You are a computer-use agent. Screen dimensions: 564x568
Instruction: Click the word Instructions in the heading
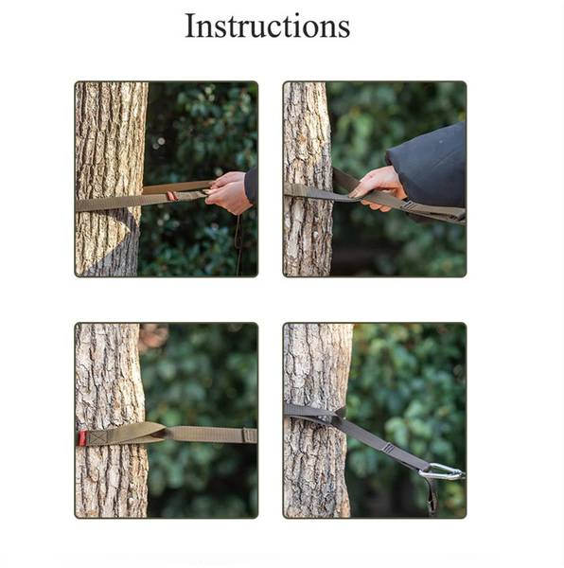coord(267,26)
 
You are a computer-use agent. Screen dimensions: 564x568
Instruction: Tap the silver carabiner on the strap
coord(441,471)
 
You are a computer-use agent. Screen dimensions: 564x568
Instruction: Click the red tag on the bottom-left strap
coord(83,438)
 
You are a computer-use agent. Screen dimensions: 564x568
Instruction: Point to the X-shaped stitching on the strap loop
coord(96,437)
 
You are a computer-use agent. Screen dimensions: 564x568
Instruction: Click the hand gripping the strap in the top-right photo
coord(379,187)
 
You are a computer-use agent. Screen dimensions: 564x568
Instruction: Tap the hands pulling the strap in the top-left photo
coord(228,191)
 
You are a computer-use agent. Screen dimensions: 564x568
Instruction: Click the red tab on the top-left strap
coord(171,196)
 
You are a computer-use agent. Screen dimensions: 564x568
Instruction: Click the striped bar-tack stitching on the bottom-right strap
coord(388,448)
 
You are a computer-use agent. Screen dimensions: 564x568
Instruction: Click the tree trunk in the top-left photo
coord(110,178)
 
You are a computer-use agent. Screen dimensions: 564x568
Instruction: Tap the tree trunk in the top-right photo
coord(308,178)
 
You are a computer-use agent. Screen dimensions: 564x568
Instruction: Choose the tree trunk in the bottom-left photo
coord(110,420)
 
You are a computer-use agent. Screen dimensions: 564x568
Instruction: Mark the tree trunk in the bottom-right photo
coord(316,420)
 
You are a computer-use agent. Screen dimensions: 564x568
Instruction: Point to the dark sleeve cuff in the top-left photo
coord(251,185)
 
